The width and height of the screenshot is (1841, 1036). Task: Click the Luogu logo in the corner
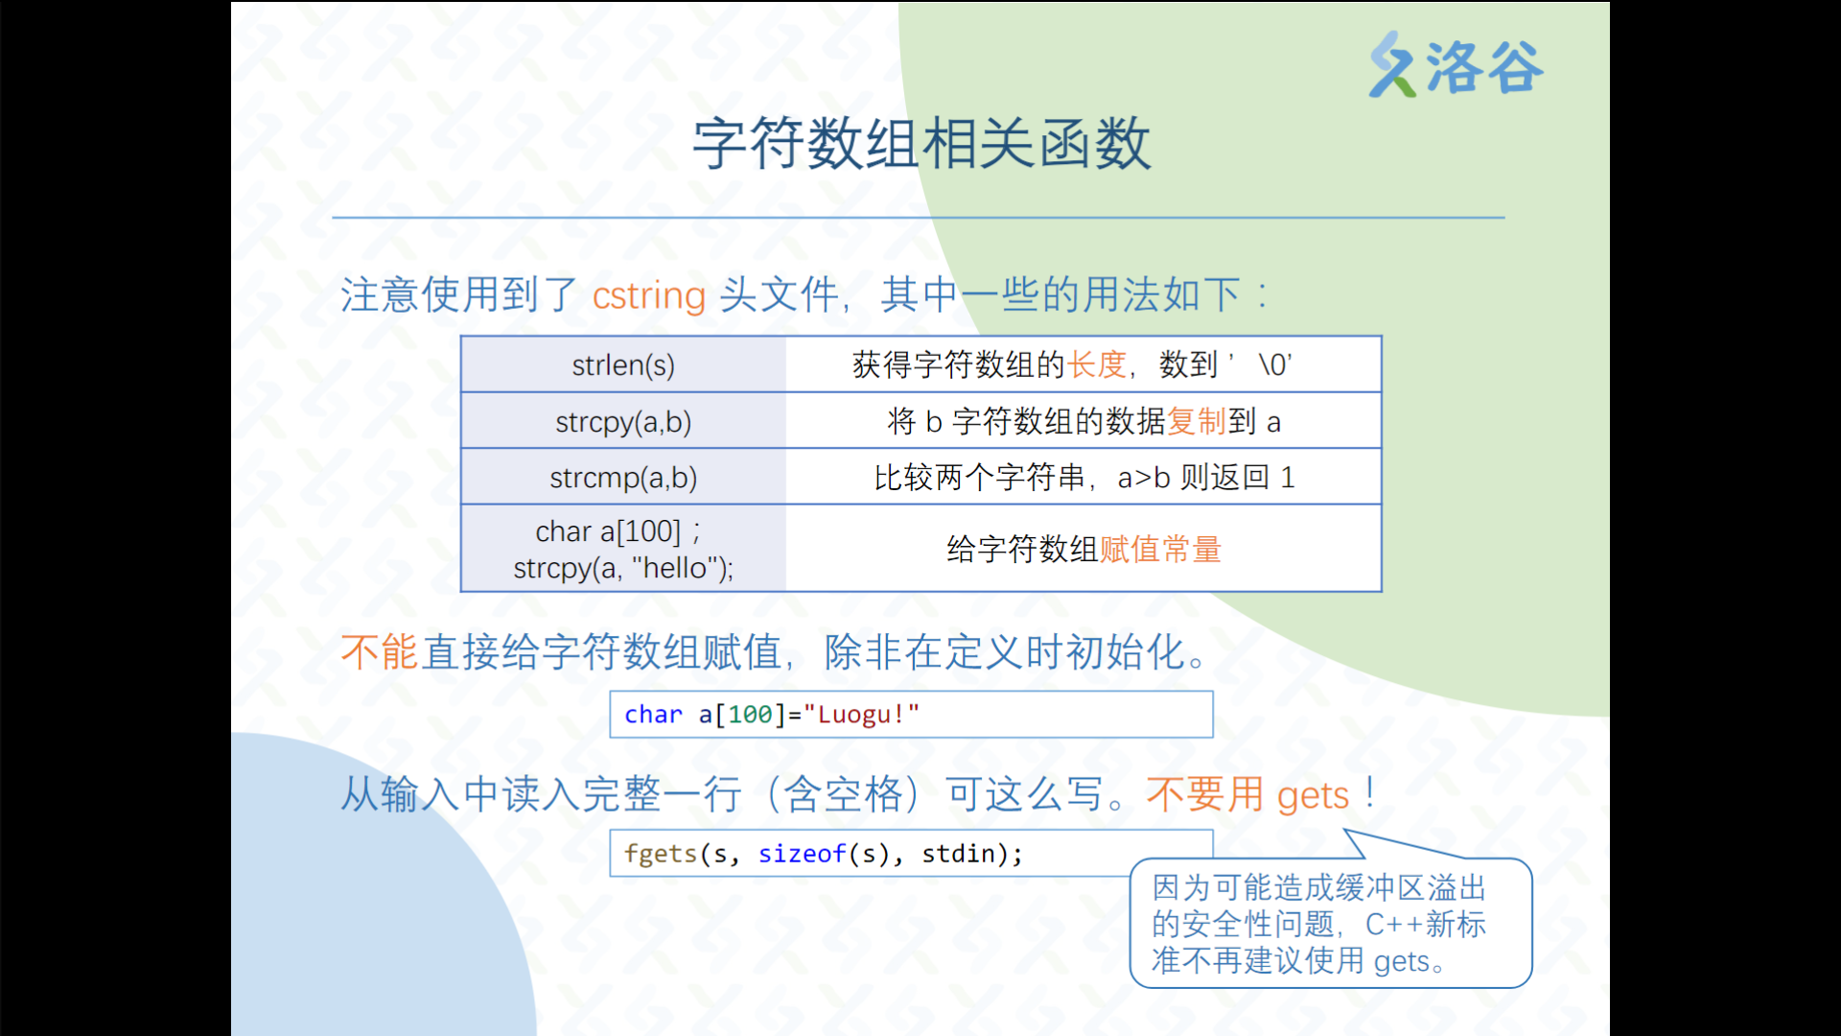click(x=1456, y=65)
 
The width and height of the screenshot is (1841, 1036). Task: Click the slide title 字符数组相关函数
click(x=921, y=144)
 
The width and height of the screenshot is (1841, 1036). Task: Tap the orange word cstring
click(x=649, y=294)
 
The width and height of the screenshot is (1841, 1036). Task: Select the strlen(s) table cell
click(x=623, y=365)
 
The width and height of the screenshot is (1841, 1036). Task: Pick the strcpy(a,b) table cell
click(x=623, y=421)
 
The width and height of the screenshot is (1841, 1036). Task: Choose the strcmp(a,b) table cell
click(x=623, y=477)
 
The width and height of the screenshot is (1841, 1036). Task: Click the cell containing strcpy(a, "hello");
click(x=623, y=549)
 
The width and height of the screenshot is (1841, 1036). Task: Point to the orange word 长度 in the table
click(x=1097, y=365)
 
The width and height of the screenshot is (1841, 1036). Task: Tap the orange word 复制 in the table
click(x=1197, y=421)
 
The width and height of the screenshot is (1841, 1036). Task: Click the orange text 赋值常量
click(x=1160, y=550)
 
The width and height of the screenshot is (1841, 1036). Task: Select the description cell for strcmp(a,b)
click(x=1084, y=477)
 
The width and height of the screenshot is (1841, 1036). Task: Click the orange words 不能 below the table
click(x=380, y=652)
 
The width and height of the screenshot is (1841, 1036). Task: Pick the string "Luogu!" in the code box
click(x=861, y=715)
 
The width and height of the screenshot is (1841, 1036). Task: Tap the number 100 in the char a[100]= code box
click(x=750, y=715)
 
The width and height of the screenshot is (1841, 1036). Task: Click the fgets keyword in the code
click(x=661, y=854)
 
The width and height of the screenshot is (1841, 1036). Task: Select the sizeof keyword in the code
click(x=803, y=854)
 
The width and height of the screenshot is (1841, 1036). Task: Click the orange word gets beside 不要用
click(x=1313, y=796)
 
